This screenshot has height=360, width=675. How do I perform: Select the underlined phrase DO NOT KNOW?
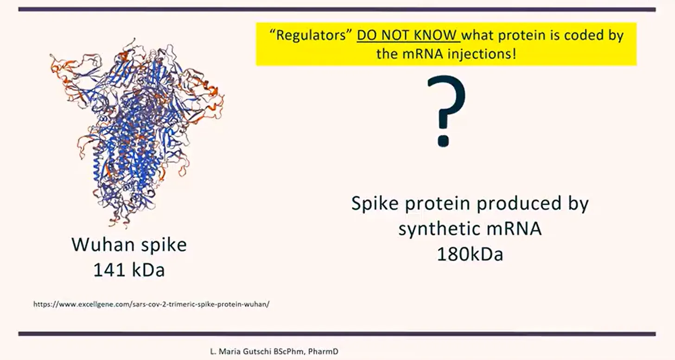(408, 35)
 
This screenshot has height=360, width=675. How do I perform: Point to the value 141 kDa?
(129, 270)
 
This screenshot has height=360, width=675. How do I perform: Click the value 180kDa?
(470, 254)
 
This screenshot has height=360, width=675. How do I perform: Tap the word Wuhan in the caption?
(103, 244)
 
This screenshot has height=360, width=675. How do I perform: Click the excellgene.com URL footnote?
(151, 304)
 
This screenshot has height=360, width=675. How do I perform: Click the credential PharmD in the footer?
(323, 351)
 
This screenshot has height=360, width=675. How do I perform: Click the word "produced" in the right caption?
(519, 203)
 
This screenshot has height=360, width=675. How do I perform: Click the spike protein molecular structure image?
(137, 133)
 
